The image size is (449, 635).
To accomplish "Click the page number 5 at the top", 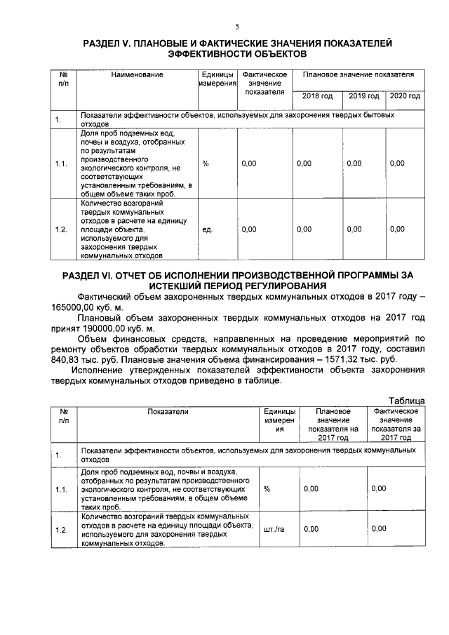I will pyautogui.click(x=237, y=27).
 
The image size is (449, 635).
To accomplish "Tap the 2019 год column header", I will pyautogui.click(x=364, y=95).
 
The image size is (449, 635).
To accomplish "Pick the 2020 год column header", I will pyautogui.click(x=405, y=95).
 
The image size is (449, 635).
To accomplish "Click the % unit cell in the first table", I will pyautogui.click(x=206, y=163).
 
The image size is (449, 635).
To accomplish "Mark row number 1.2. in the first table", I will pyautogui.click(x=61, y=229).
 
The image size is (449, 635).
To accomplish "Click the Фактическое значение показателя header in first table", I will pyautogui.click(x=264, y=83).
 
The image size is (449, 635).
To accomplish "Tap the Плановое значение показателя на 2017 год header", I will pyautogui.click(x=333, y=425).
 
